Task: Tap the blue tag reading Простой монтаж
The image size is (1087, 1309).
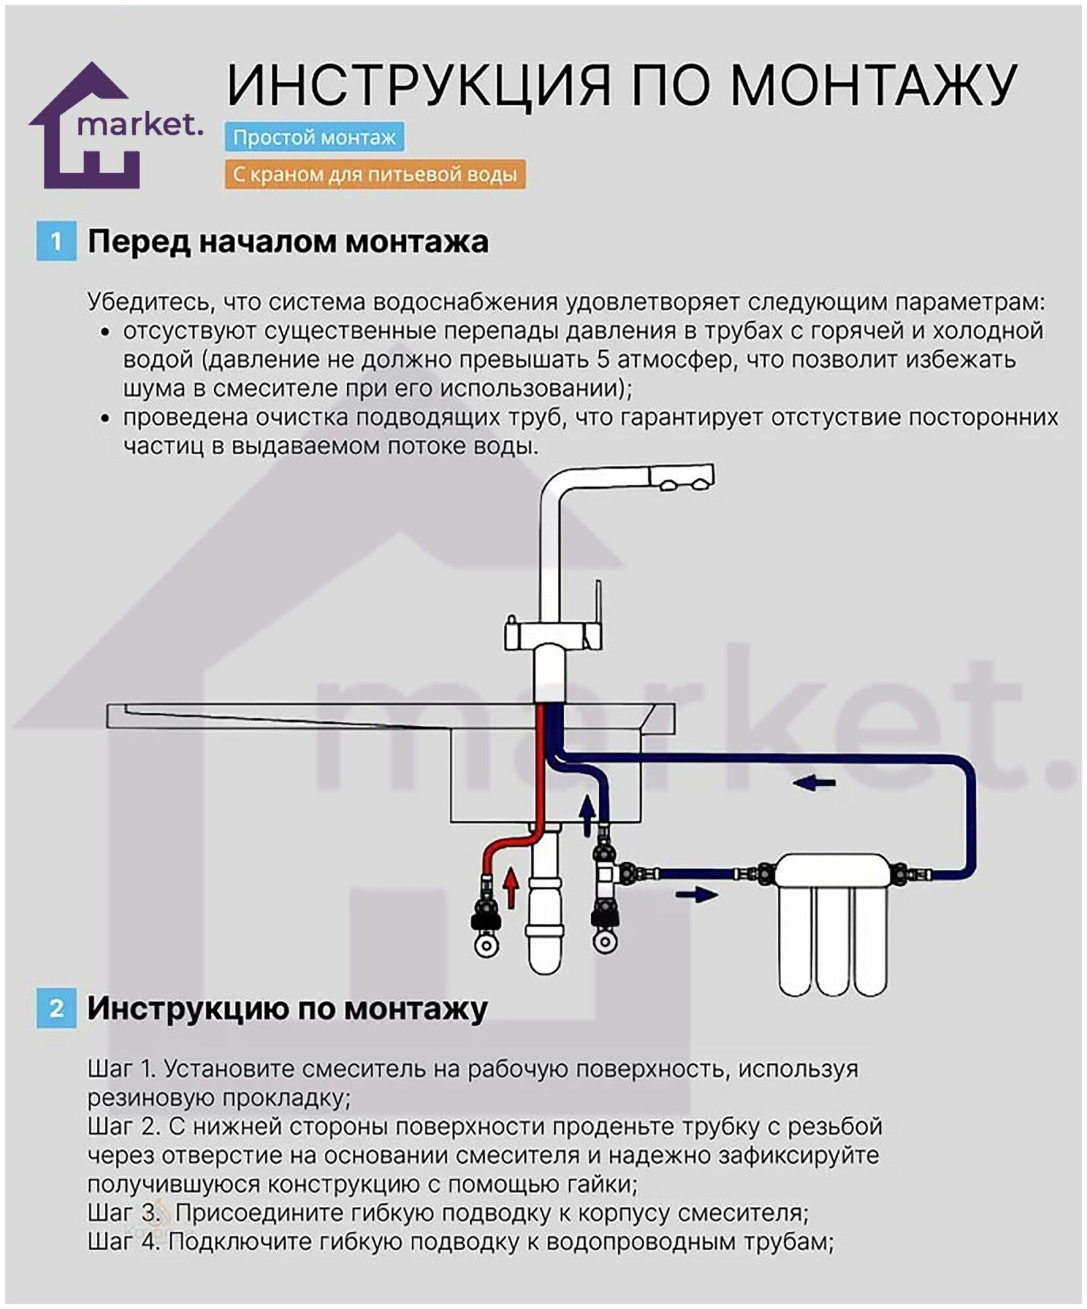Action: pos(314,137)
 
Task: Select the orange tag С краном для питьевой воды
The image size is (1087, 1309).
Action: pos(375,175)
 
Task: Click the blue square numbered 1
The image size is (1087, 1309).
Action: pos(56,242)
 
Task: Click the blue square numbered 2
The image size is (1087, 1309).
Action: pos(56,1008)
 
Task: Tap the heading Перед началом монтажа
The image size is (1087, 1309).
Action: pos(288,242)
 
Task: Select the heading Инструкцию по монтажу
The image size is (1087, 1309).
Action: pos(287,1008)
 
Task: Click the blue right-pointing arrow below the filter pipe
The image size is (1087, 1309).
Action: pos(697,894)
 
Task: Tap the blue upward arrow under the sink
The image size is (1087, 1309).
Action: pos(587,815)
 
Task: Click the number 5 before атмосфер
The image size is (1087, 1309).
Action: pos(604,359)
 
